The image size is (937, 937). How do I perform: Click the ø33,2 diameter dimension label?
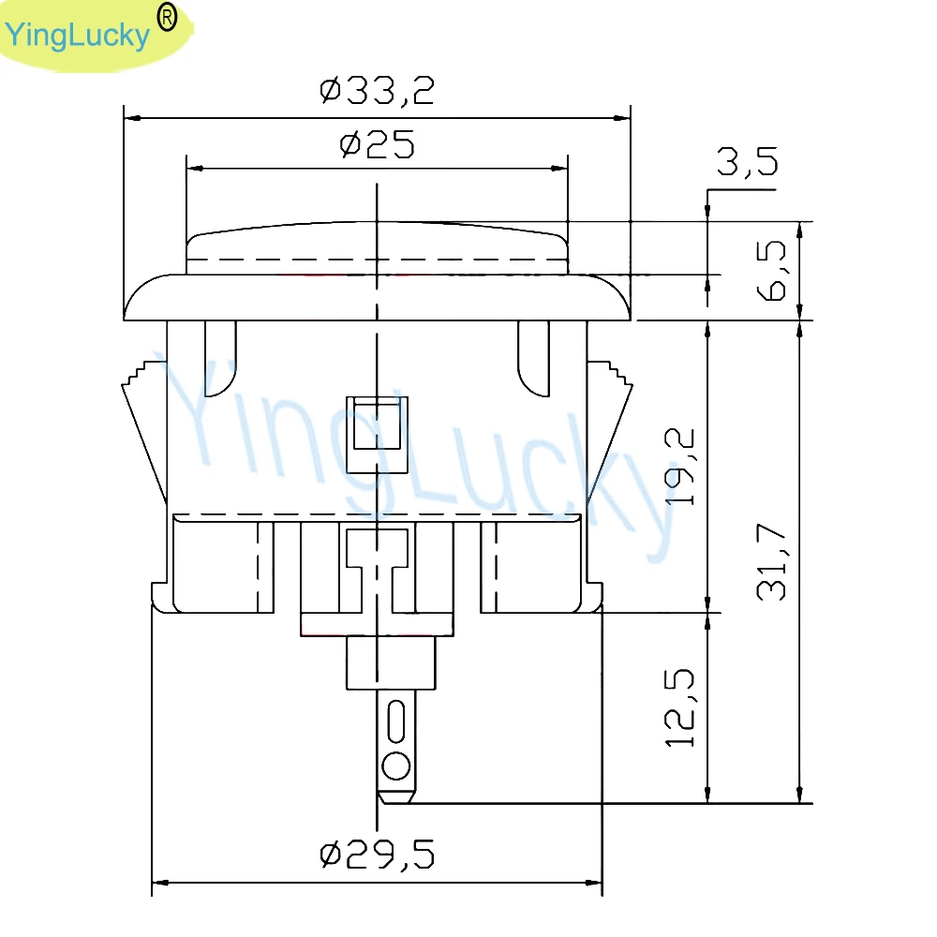377,91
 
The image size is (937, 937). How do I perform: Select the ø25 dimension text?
377,144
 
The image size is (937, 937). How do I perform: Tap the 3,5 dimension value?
748,161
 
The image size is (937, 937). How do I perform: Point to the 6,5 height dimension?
771,270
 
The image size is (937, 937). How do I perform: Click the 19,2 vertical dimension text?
680,467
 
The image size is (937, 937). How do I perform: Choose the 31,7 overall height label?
771,561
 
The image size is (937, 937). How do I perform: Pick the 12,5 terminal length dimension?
680,708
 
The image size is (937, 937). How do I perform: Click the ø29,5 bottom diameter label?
377,855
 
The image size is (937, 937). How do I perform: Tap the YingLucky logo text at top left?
77,36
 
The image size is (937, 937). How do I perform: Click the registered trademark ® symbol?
167,18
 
